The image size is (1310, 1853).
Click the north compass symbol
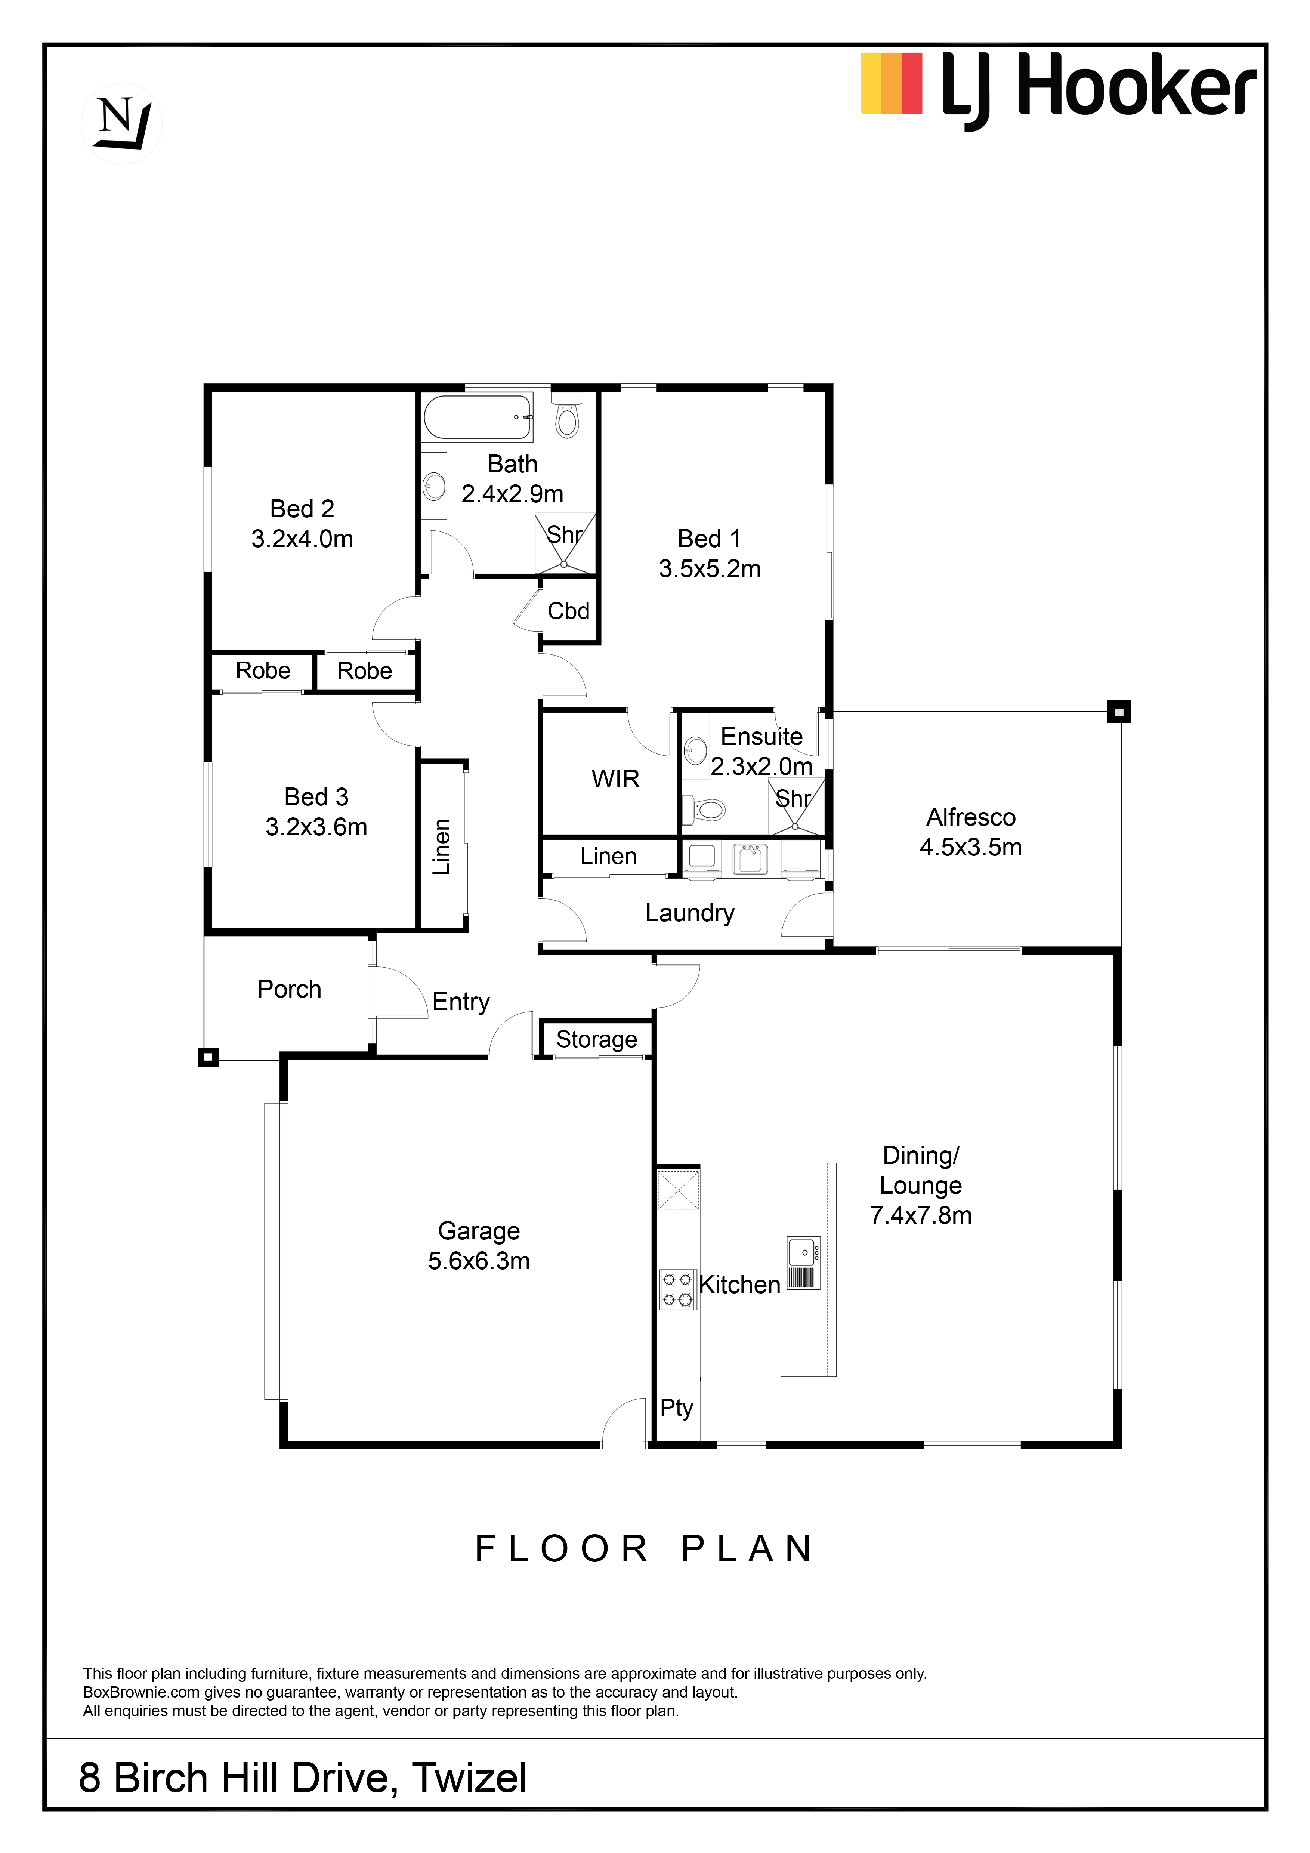122,123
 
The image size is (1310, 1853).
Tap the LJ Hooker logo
1058,89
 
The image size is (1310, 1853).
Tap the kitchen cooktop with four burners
677,1289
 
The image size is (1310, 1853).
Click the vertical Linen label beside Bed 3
441,847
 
